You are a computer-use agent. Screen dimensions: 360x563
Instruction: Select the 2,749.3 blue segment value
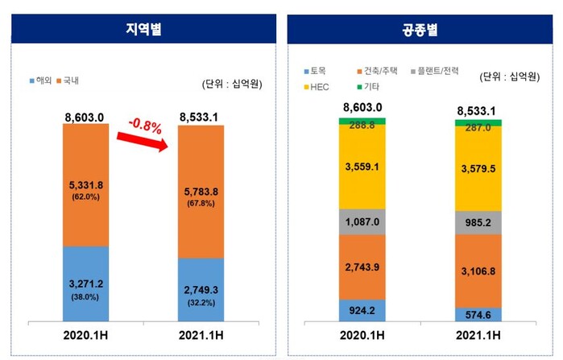[201, 288]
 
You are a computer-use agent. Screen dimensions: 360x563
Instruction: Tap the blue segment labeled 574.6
[478, 315]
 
